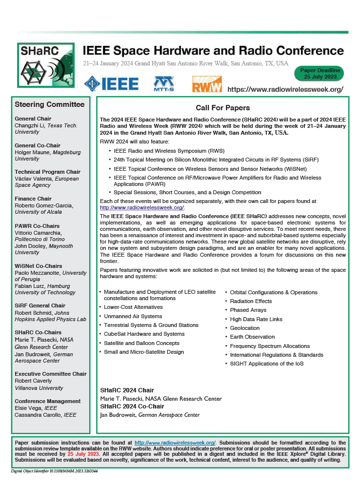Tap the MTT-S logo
click(164, 84)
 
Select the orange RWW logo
click(207, 84)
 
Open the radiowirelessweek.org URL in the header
click(285, 89)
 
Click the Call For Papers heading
click(222, 108)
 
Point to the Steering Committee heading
click(50, 104)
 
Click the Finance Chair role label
click(33, 199)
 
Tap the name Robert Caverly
click(35, 381)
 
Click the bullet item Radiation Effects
click(251, 301)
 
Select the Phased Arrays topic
click(249, 310)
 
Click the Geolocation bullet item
click(244, 328)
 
